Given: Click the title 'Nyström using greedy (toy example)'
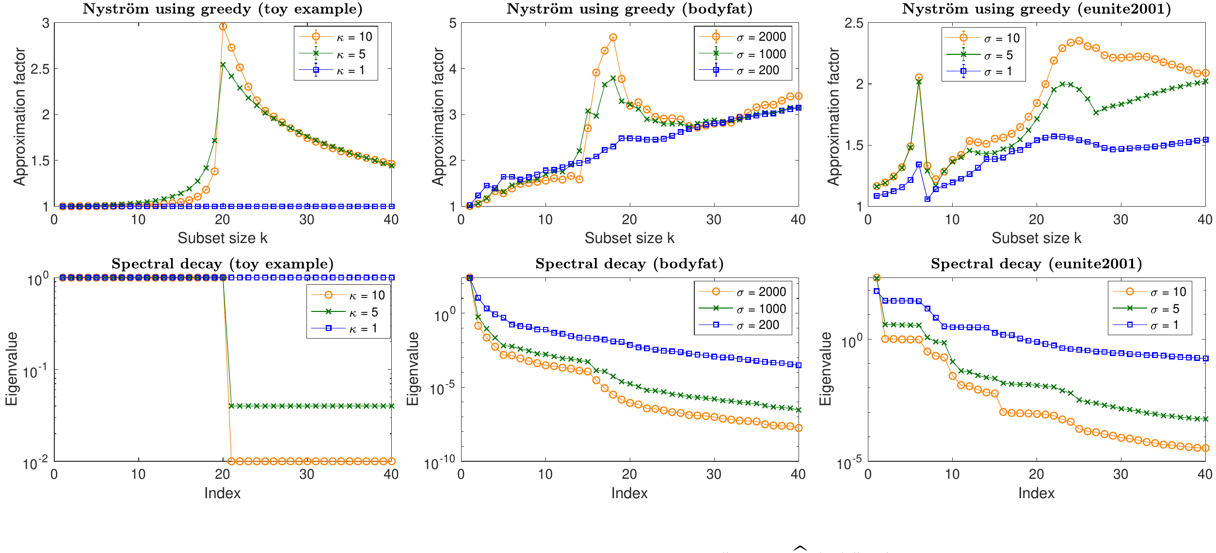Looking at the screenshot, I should [x=223, y=9].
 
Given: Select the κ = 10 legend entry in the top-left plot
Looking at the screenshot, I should [x=354, y=37].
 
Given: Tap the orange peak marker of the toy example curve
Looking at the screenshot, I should [x=223, y=27].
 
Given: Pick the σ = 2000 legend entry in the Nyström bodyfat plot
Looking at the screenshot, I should [x=761, y=37].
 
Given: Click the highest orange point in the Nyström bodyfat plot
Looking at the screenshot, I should [x=613, y=38].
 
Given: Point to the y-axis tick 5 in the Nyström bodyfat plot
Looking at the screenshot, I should [x=453, y=23].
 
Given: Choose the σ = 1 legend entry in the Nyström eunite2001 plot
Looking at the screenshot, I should [x=997, y=72].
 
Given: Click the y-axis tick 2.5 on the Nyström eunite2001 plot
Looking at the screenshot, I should [x=854, y=23].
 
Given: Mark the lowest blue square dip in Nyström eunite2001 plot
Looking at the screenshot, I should [x=928, y=199].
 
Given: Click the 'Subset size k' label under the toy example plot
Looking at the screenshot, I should [x=223, y=238].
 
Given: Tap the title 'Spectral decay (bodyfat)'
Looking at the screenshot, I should [x=629, y=264].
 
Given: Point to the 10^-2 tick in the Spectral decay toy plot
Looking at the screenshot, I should [x=36, y=464].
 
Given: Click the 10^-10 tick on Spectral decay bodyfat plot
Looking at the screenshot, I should [x=440, y=464].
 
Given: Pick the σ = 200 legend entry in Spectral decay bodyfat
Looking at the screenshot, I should [x=757, y=325].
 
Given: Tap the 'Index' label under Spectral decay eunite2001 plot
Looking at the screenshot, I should [x=1036, y=493].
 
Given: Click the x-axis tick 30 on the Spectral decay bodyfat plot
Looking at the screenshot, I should [x=714, y=474].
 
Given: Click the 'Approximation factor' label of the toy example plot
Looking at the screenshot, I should [x=19, y=116].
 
